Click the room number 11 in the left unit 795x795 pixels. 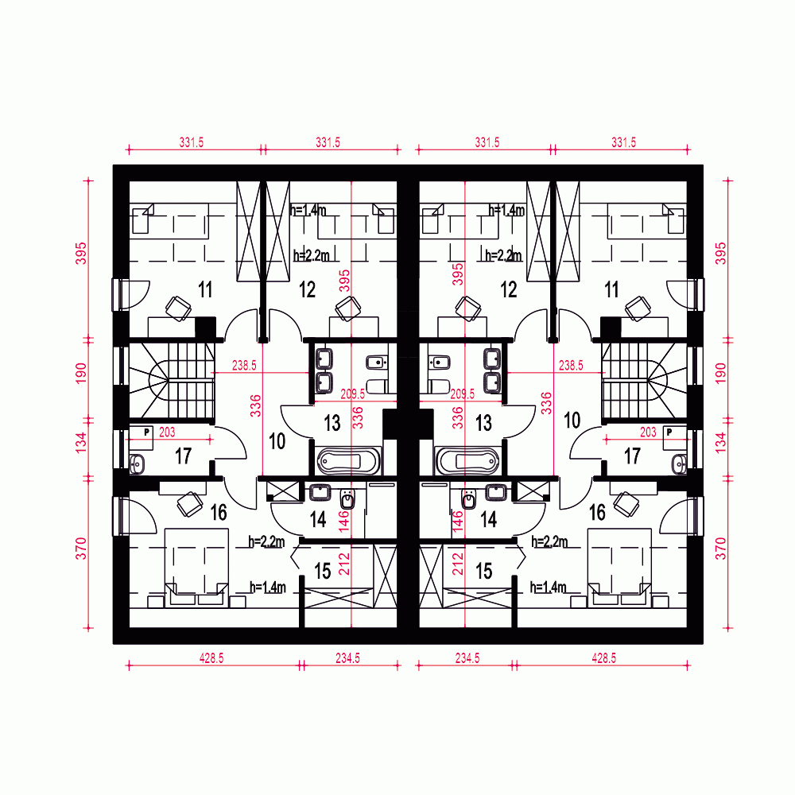(x=205, y=289)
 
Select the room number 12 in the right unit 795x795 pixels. (x=509, y=289)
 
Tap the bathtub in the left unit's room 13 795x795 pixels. (x=349, y=461)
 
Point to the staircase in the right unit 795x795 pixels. (x=644, y=379)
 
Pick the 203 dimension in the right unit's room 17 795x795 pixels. (x=648, y=433)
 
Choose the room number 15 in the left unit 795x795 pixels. (x=322, y=571)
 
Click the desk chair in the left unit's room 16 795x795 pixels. (x=190, y=502)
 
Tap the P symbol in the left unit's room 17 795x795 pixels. (x=147, y=431)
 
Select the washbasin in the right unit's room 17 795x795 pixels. (x=678, y=463)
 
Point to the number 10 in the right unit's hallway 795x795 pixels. (x=572, y=421)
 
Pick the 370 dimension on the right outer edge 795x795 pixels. (x=721, y=549)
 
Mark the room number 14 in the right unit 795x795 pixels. (x=488, y=520)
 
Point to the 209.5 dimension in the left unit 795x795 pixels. (x=352, y=394)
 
